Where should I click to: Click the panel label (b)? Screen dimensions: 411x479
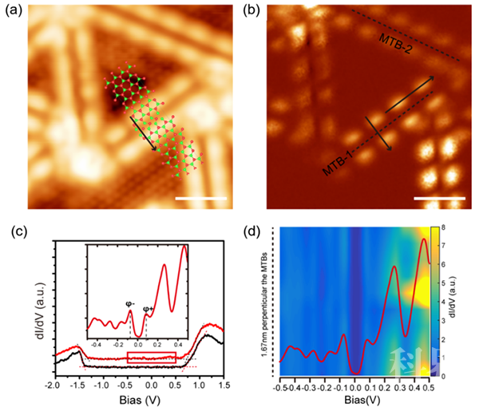[x=251, y=13]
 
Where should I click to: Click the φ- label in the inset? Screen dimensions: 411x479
[x=129, y=303]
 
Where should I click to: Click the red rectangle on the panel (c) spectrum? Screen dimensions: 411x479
[x=151, y=358]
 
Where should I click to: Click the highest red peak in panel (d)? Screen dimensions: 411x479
[x=422, y=239]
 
